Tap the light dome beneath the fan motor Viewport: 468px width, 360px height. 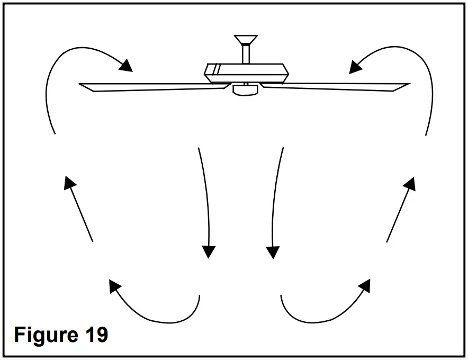point(245,91)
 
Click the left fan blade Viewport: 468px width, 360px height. point(154,87)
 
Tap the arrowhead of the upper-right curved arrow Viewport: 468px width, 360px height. point(356,67)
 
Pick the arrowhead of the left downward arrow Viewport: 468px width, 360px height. point(210,251)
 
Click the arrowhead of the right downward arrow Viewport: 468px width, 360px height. point(273,251)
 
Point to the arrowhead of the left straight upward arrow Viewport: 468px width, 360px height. point(68,183)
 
